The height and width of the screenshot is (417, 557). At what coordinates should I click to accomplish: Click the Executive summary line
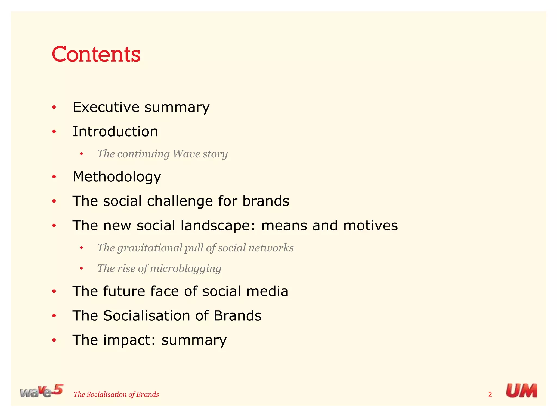pos(141,107)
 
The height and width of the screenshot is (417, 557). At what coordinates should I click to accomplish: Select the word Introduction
pos(115,132)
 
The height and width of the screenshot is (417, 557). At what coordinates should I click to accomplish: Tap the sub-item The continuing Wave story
pos(162,154)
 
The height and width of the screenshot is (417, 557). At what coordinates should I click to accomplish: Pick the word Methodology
pos(117,177)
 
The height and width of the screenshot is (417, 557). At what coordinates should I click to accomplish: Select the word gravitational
pos(150,248)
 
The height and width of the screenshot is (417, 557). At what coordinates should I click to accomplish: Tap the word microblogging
pos(185,268)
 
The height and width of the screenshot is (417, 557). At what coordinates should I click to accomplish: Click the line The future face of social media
pos(180,291)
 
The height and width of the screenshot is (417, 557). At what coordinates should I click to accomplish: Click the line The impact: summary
pos(149,340)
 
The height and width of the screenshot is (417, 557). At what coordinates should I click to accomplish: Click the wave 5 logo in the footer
pos(41,391)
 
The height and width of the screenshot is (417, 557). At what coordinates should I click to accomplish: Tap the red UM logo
pos(521,391)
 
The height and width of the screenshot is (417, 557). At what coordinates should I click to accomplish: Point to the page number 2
pos(490,394)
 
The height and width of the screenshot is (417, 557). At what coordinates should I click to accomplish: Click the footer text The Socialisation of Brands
pos(116,394)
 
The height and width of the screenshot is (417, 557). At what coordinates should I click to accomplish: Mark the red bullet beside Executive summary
pos(54,108)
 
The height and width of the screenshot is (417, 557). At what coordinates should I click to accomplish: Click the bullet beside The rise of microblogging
pos(81,269)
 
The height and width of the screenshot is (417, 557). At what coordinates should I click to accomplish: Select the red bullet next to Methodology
pos(54,177)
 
